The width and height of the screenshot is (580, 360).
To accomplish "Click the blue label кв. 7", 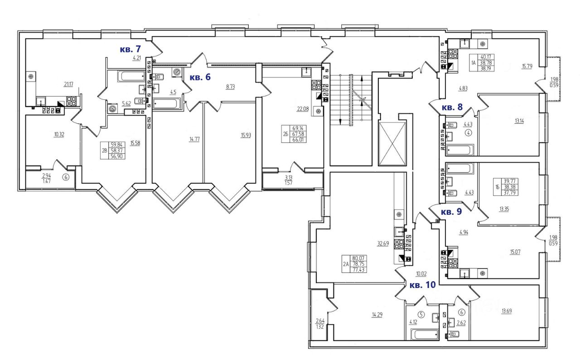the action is [x=130, y=49].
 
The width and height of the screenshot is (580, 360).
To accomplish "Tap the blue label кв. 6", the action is [x=200, y=77].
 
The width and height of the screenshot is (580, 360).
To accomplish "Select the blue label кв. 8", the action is [x=452, y=108].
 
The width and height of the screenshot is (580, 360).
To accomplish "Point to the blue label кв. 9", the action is [x=452, y=212].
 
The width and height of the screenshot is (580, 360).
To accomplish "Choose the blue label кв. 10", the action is [x=422, y=285].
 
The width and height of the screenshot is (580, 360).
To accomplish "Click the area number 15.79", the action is [x=527, y=67].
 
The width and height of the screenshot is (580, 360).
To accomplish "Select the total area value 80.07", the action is [x=358, y=258].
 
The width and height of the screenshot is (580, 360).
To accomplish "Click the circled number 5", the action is [x=420, y=314].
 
